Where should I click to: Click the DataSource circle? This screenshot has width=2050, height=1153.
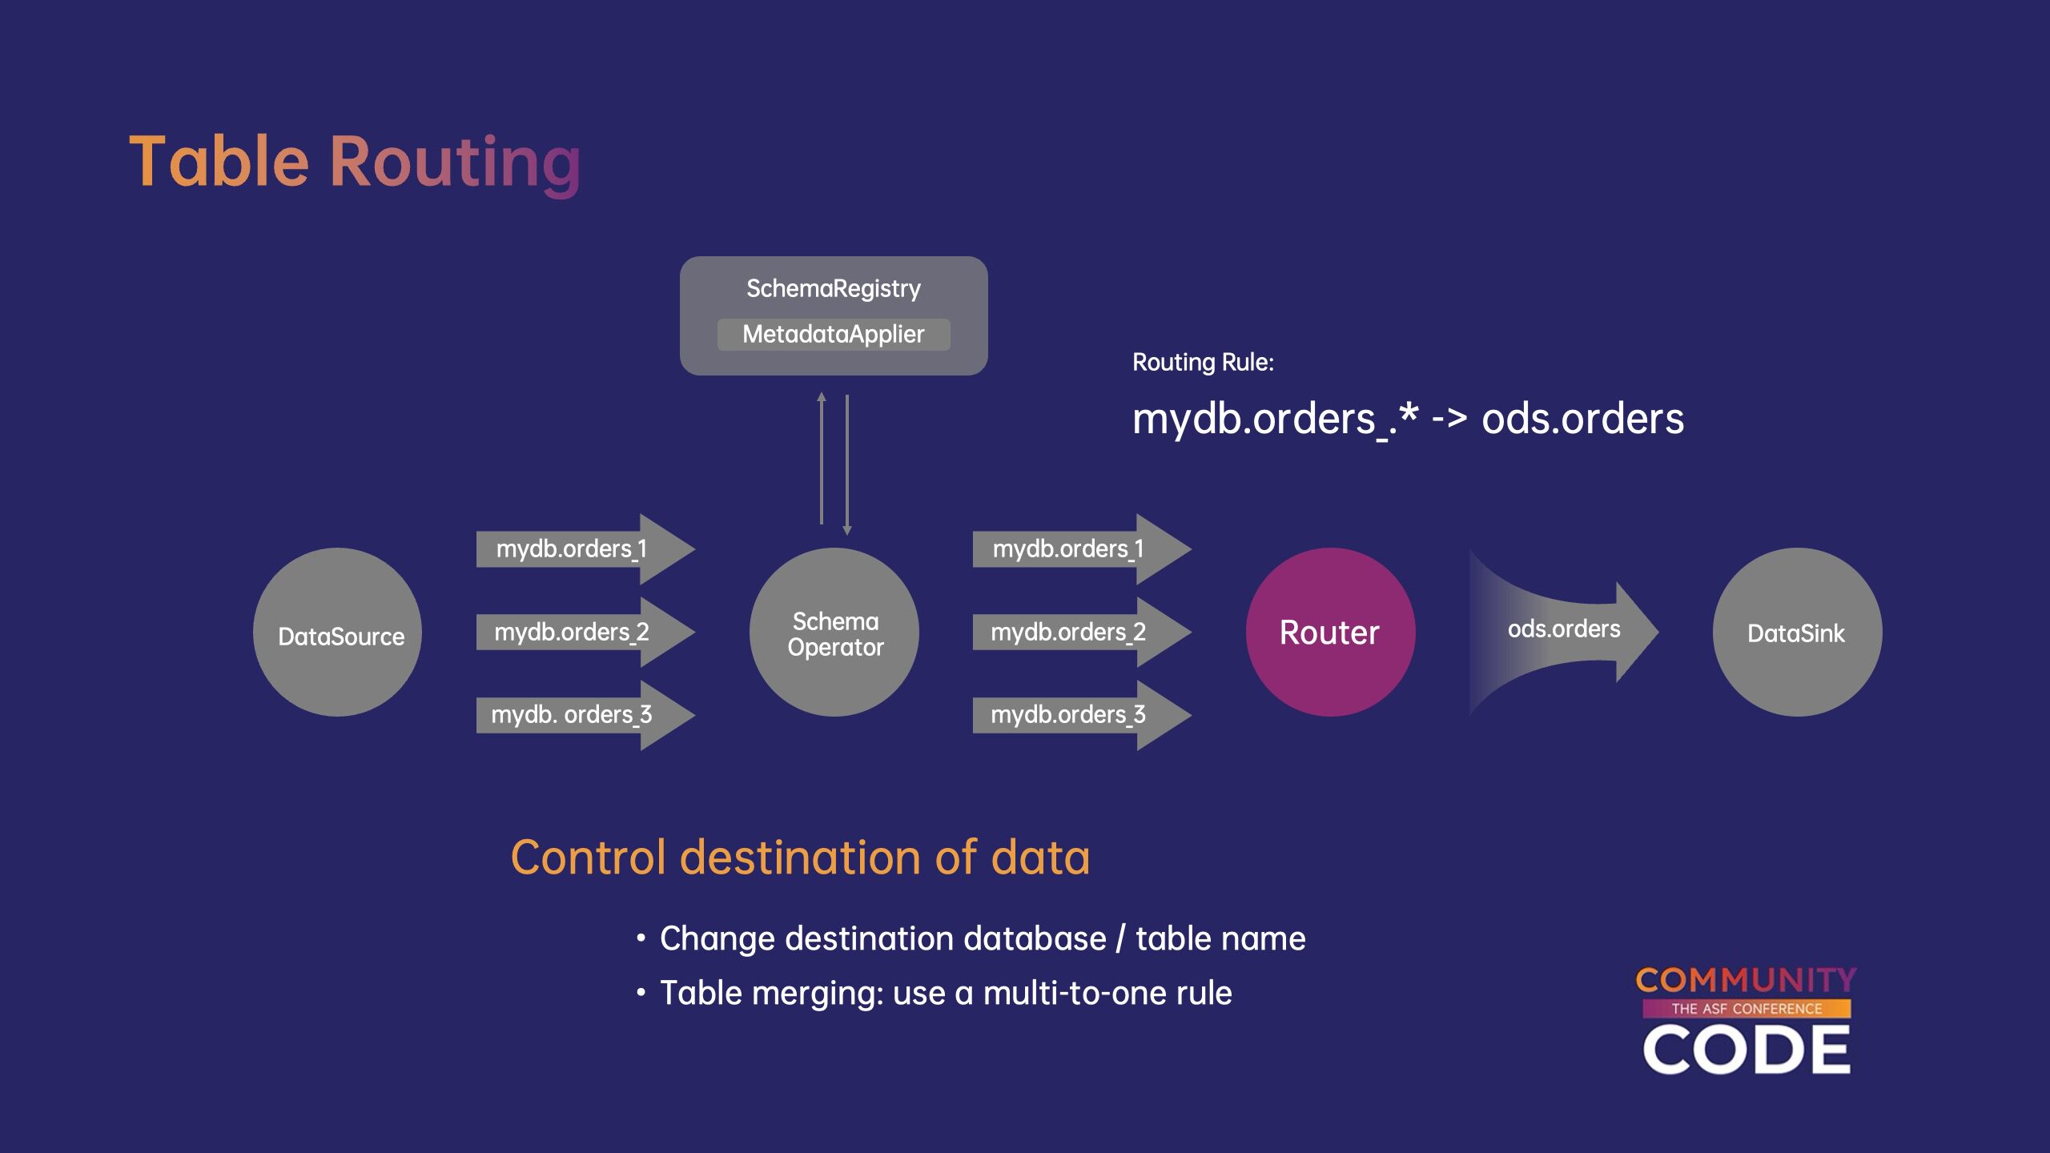pos(337,632)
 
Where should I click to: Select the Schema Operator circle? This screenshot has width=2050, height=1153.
pos(834,632)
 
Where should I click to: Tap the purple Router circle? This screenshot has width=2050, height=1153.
pos(1331,632)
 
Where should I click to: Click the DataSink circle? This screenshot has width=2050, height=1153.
pos(1798,632)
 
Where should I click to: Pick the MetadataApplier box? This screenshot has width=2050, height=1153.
pos(834,334)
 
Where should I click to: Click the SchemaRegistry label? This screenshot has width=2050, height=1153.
pos(834,288)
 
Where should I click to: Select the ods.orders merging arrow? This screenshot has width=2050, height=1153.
pos(1563,632)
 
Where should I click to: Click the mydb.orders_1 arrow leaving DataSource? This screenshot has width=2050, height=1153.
pos(585,549)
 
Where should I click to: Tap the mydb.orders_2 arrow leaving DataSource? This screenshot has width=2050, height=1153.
pos(585,632)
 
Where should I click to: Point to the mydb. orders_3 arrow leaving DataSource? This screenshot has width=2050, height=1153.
pos(585,715)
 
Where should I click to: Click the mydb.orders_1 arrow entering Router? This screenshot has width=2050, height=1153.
pos(1082,549)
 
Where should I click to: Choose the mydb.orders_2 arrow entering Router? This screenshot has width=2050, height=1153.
pos(1082,632)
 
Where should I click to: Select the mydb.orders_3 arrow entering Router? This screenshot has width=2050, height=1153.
pos(1082,715)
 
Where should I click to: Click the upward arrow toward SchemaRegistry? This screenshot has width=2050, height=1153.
pos(821,458)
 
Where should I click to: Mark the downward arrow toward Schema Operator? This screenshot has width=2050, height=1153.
pos(847,465)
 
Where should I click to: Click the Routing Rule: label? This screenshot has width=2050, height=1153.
pos(1203,363)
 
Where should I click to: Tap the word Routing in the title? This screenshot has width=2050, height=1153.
pos(455,164)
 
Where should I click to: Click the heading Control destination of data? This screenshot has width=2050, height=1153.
pos(800,858)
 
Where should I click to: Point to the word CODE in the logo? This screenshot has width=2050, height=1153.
pos(1746,1050)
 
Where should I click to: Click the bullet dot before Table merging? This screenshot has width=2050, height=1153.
pos(641,993)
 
